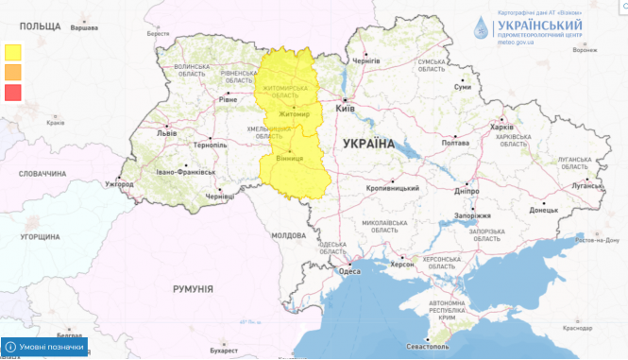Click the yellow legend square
pyautogui.click(x=13, y=52)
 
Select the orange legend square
pyautogui.click(x=13, y=72)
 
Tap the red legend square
pyautogui.click(x=13, y=92)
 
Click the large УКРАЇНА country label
pyautogui.click(x=368, y=144)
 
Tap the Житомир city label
pyautogui.click(x=294, y=114)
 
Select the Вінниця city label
pyautogui.click(x=289, y=161)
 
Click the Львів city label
pyautogui.click(x=166, y=133)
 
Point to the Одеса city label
pyautogui.click(x=349, y=271)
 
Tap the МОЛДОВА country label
pyautogui.click(x=288, y=234)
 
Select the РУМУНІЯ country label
pyautogui.click(x=192, y=288)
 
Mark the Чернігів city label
pyautogui.click(x=365, y=60)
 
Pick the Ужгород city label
pyautogui.click(x=119, y=183)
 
